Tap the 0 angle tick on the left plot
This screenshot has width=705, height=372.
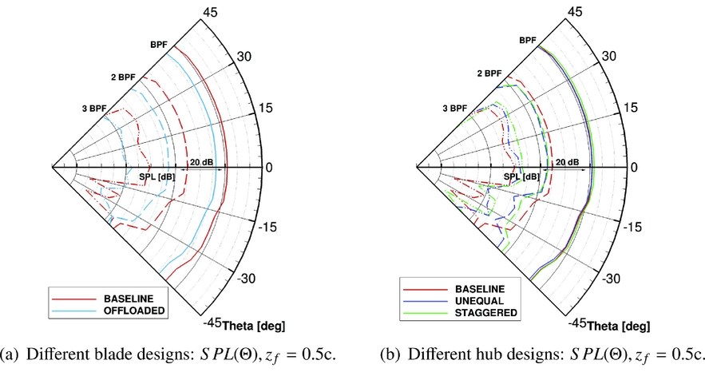[x=270, y=168]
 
